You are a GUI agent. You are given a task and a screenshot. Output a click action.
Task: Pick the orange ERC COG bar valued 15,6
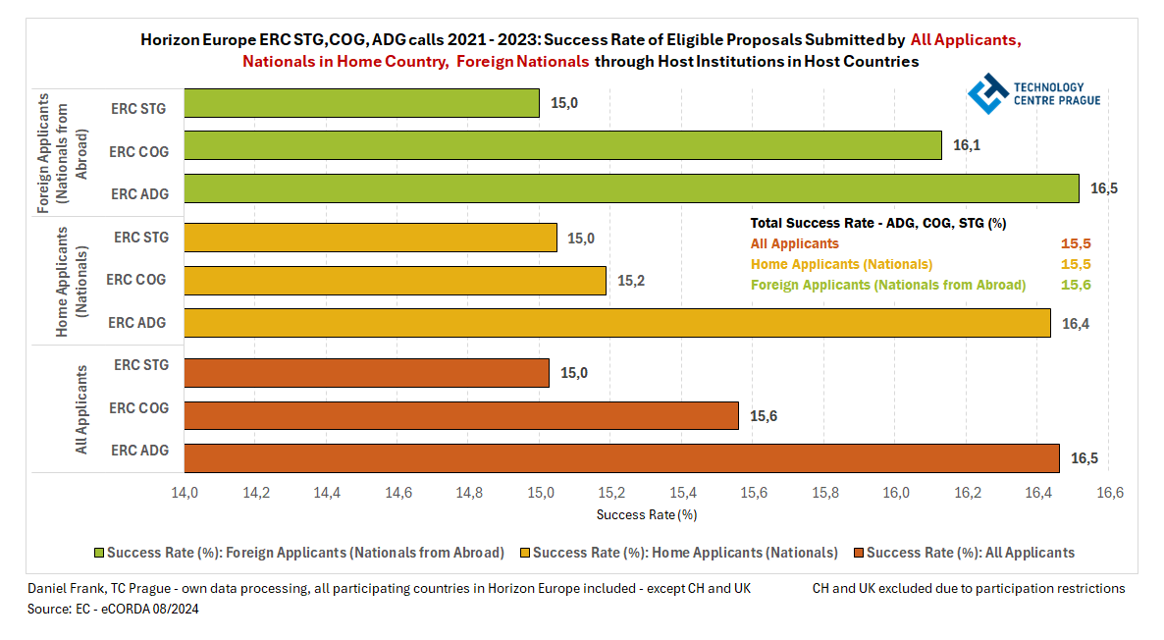click(x=461, y=415)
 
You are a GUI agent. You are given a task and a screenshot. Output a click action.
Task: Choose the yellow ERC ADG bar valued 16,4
click(x=617, y=323)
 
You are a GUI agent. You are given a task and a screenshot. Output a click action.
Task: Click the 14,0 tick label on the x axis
click(x=185, y=492)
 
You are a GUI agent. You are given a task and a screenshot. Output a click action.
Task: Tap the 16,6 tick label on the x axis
click(x=1109, y=492)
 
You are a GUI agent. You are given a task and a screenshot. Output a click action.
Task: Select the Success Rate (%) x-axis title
click(x=647, y=514)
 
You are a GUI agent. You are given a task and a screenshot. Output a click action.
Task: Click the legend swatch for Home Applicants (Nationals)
click(x=524, y=553)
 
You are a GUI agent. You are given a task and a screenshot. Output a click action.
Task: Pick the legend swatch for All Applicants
click(x=859, y=553)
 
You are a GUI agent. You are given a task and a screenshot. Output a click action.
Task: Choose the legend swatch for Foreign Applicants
click(x=98, y=553)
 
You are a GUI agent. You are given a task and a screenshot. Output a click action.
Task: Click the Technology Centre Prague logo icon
click(x=987, y=93)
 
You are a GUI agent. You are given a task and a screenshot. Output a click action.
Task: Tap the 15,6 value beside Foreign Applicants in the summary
click(x=1077, y=285)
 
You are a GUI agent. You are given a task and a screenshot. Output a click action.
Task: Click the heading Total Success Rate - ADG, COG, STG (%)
click(x=877, y=223)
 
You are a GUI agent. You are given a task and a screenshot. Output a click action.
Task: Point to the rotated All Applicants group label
click(x=82, y=409)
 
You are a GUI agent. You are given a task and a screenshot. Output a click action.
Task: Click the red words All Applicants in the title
click(x=965, y=40)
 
